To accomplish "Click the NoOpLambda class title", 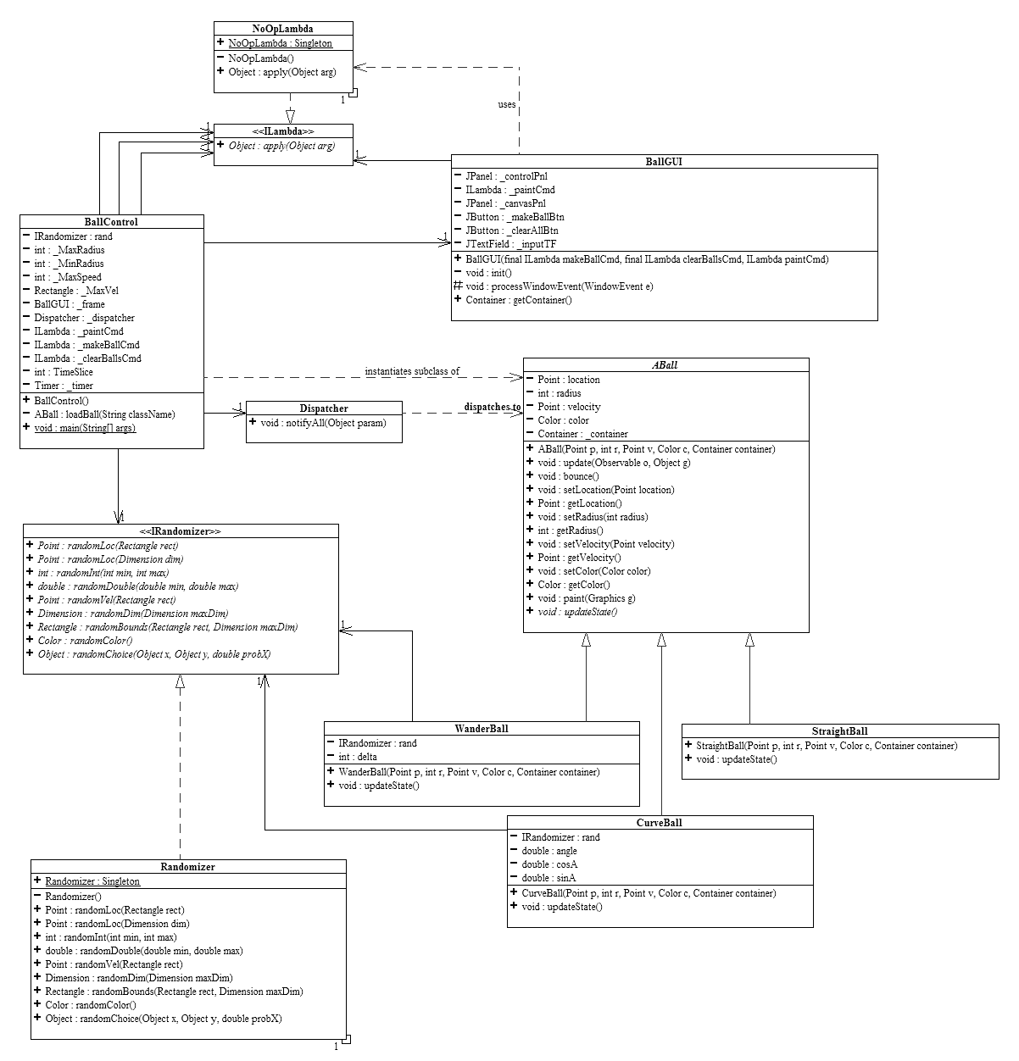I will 282,29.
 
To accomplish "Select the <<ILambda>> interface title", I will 282,131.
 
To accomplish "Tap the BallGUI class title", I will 664,161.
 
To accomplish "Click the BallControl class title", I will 111,222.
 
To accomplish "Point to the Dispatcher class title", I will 324,408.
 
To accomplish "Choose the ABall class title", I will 665,365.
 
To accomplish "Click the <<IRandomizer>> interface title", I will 180,531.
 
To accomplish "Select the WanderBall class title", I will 482,729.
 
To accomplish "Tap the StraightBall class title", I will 839,731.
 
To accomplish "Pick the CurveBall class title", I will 660,823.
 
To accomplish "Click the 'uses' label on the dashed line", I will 507,104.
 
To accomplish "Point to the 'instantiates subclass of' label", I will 412,371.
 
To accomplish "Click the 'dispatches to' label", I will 492,407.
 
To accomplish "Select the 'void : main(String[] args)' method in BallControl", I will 85,428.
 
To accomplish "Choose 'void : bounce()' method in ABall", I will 568,476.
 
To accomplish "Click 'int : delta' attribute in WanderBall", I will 358,757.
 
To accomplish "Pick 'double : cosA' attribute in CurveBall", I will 549,864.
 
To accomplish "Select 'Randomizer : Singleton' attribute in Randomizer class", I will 92,881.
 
